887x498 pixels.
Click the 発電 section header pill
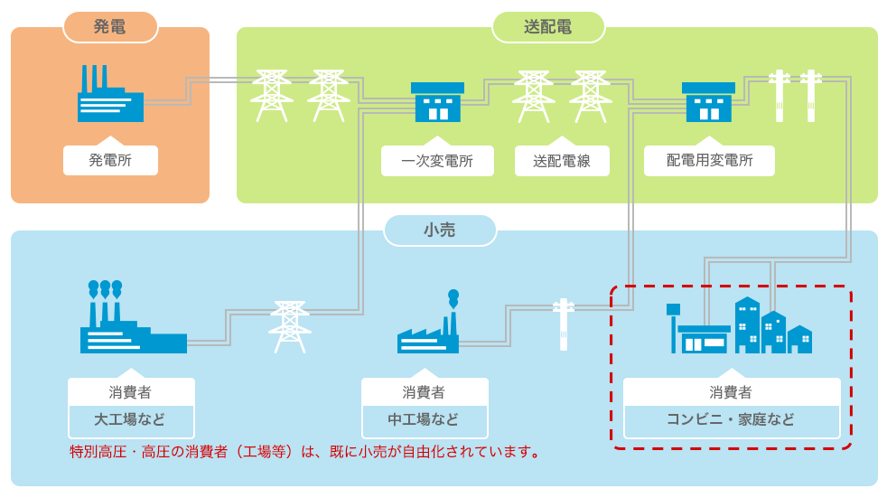coord(110,26)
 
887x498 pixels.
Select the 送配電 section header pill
coord(548,26)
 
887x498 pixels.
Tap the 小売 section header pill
coord(440,230)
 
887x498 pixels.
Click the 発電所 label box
coord(110,160)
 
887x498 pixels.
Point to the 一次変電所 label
coord(437,161)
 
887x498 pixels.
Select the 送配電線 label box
coord(562,161)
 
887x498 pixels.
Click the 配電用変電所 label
coord(709,160)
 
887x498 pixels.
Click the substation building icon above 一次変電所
coord(437,102)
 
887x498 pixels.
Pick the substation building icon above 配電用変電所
coord(708,102)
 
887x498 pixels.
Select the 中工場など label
coord(425,419)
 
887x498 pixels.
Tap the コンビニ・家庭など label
coord(731,419)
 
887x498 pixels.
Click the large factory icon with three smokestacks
coord(133,317)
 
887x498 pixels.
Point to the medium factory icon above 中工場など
coord(428,323)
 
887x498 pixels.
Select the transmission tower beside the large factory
coord(290,327)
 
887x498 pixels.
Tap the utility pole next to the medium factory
coord(564,324)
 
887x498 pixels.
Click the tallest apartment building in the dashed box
coord(747,324)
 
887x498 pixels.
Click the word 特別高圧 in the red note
coord(98,452)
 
